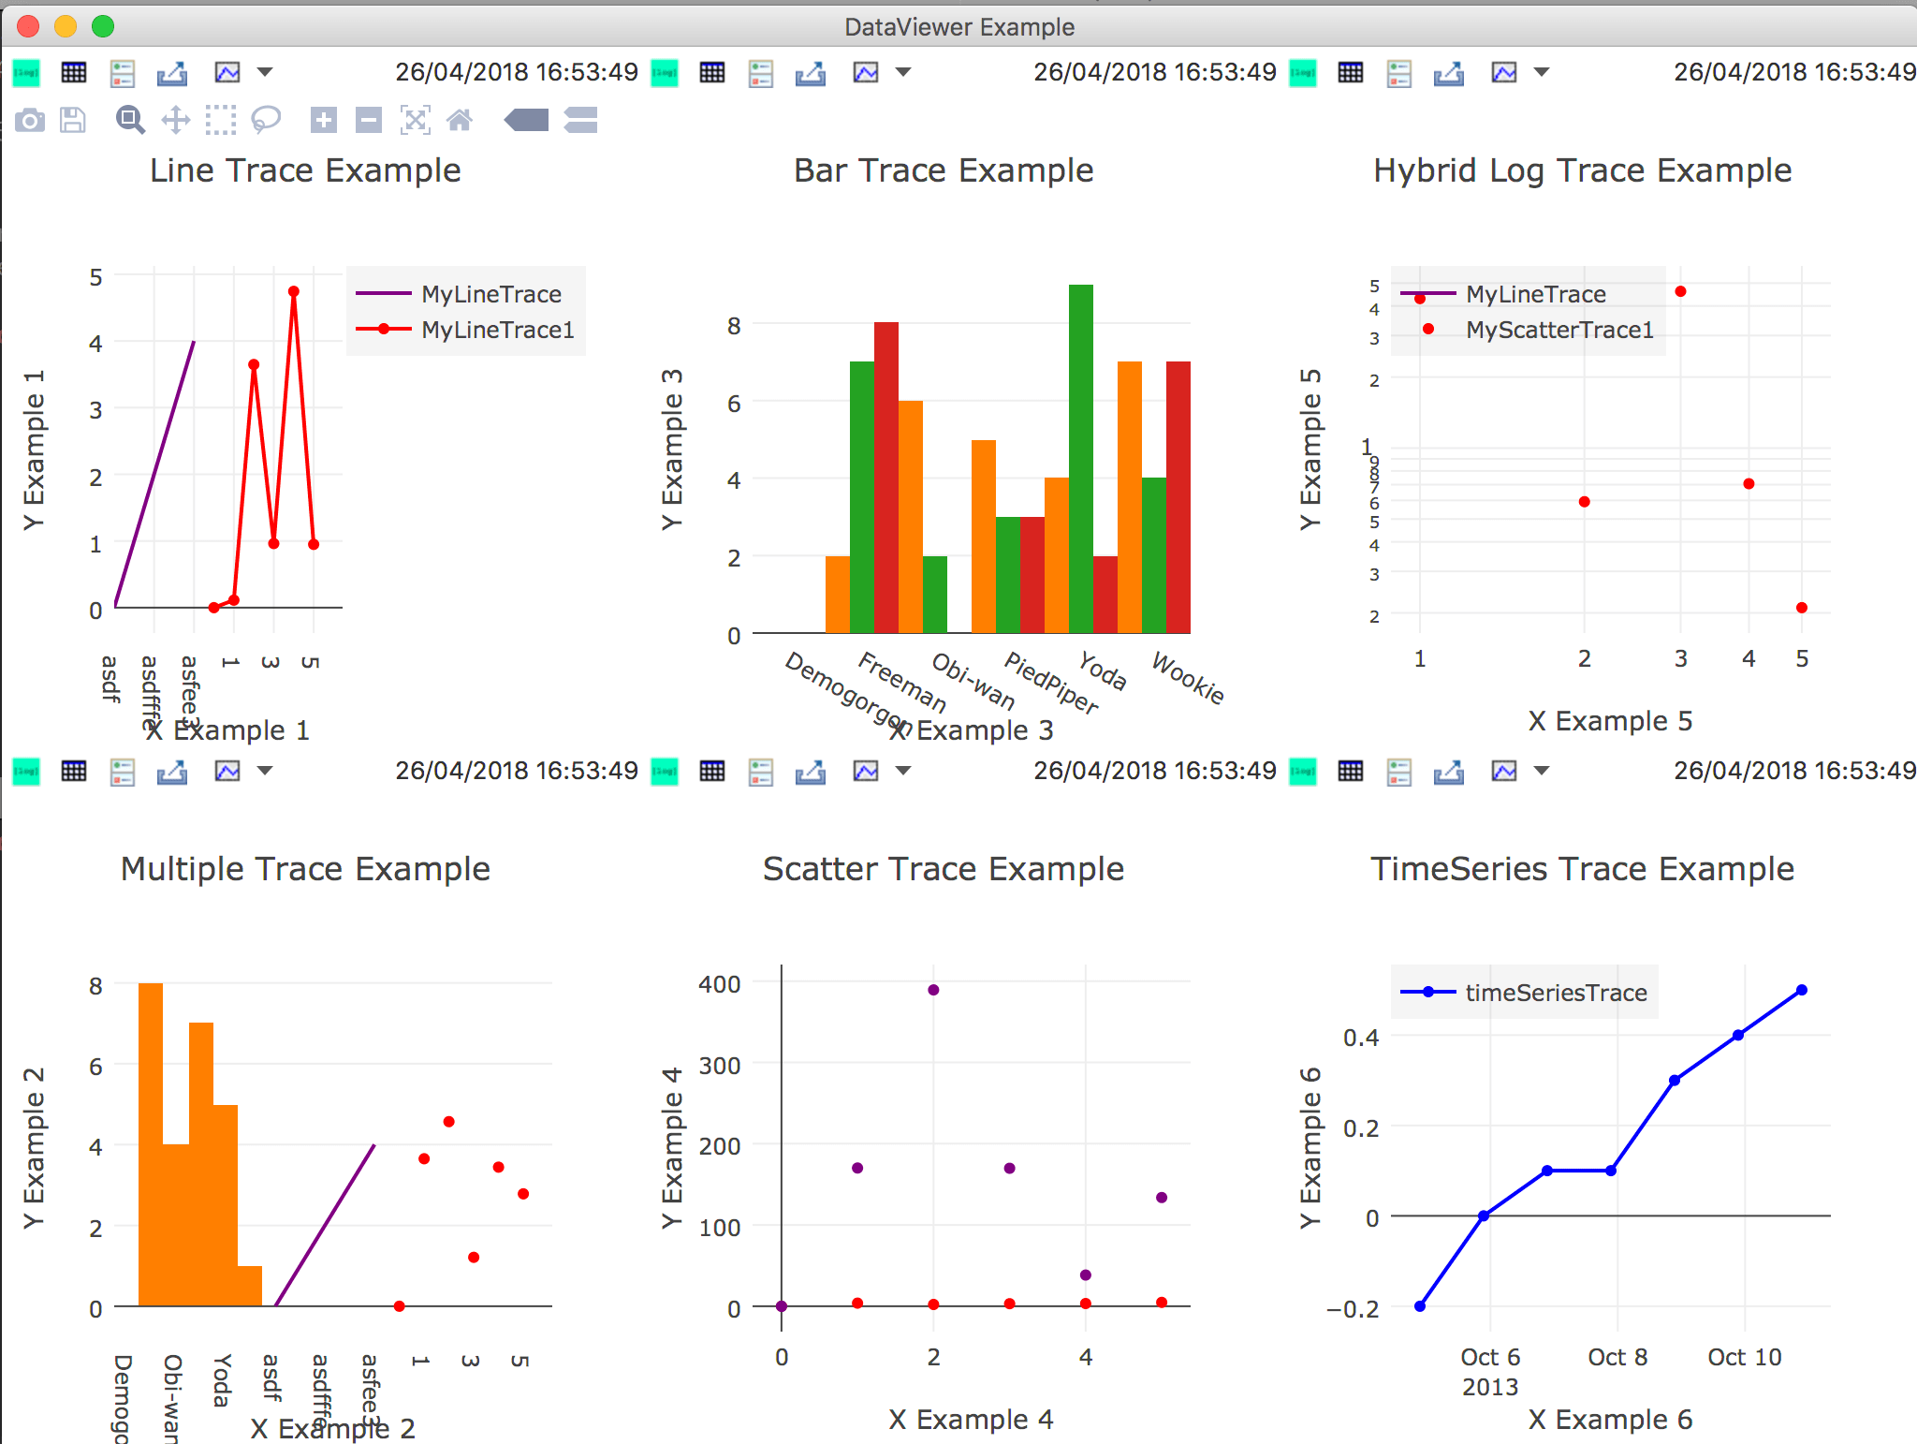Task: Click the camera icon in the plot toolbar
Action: tap(30, 120)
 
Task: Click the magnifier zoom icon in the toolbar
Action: tap(129, 120)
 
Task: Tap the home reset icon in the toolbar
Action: tap(460, 120)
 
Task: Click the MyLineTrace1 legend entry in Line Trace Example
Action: tap(496, 330)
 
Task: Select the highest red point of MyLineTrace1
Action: tap(294, 291)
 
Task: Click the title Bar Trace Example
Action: tap(944, 170)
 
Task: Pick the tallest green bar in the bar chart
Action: tap(1080, 459)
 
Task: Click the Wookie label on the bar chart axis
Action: tap(1188, 677)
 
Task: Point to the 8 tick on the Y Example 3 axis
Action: tap(734, 326)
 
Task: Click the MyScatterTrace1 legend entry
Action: tap(1558, 330)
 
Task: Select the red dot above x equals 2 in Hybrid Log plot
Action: tap(1584, 502)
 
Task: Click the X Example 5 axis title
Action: tap(1610, 721)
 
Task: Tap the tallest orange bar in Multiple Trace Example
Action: tap(151, 1142)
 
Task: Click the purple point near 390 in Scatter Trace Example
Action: tap(933, 990)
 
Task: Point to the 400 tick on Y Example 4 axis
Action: tap(719, 984)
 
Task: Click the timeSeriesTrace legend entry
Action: tap(1555, 993)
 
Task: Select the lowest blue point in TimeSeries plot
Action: tap(1420, 1306)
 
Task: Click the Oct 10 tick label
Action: tap(1744, 1357)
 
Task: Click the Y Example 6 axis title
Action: tap(1310, 1147)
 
